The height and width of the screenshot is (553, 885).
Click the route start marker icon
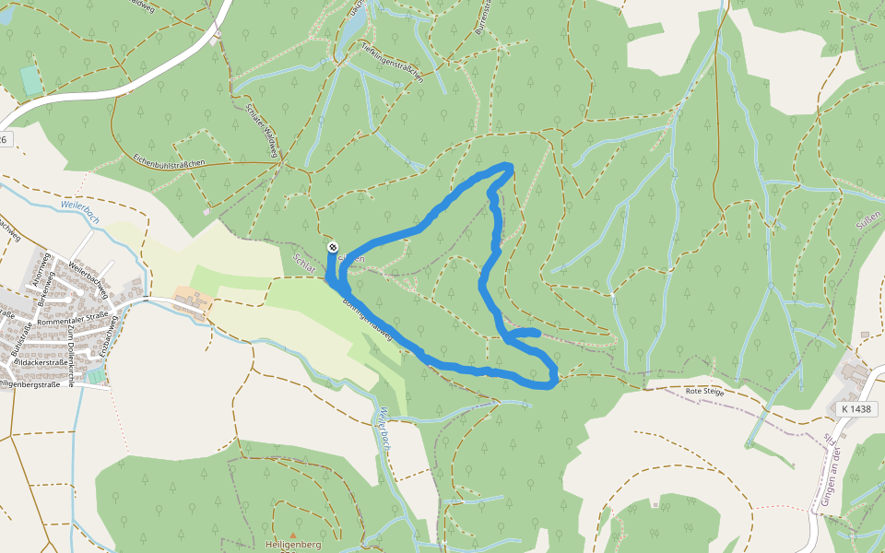(x=333, y=247)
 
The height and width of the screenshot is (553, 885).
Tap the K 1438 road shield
(x=855, y=408)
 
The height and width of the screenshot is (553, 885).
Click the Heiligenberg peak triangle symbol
(x=293, y=535)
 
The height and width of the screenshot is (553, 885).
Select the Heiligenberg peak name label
(x=292, y=545)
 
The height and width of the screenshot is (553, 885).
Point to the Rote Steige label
(x=705, y=392)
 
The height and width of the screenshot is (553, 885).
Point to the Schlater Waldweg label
(x=263, y=124)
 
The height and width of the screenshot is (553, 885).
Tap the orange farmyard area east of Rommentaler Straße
(x=192, y=300)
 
